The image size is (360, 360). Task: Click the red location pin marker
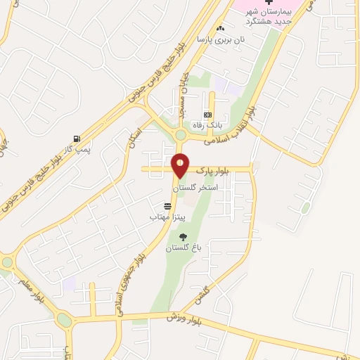coord(180,166)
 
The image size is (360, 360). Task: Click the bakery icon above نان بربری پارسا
coord(221,28)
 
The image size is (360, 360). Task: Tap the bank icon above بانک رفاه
coord(207,115)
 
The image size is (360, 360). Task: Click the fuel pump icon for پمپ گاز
coord(76,139)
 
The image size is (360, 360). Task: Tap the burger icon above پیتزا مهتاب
coord(167,206)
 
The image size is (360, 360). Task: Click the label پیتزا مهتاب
coord(167,217)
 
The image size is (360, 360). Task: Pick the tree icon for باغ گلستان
coord(184,237)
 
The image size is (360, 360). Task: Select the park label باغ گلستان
coord(184,249)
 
